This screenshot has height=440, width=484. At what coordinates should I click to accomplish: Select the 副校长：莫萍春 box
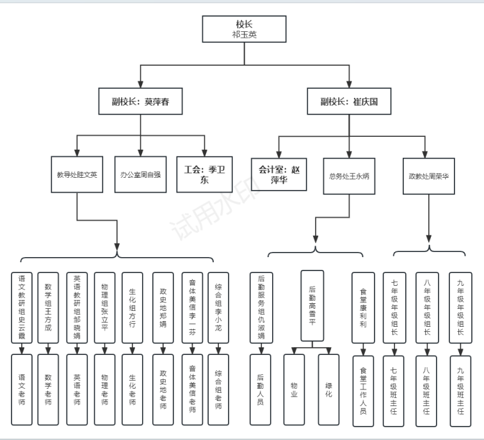[139, 102]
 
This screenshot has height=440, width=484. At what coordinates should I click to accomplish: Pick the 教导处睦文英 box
[76, 174]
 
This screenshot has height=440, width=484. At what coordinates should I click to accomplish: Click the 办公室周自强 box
[140, 174]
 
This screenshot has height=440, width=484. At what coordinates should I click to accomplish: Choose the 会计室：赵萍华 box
[278, 175]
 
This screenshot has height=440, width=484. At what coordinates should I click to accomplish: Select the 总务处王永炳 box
[349, 175]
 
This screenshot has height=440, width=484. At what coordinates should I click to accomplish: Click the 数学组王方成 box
[47, 308]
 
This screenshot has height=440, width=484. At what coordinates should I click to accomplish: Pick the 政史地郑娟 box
[163, 308]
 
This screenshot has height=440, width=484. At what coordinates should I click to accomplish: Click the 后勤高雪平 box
[312, 305]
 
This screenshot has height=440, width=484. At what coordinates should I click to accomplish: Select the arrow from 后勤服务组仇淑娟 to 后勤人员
[260, 349]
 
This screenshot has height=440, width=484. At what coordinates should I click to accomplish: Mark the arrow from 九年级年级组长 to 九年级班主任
[459, 349]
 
